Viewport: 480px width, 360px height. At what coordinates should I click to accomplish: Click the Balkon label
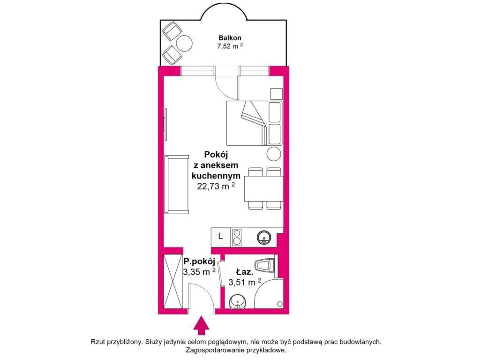[230, 38]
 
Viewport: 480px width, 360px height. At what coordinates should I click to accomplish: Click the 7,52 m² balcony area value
[230, 46]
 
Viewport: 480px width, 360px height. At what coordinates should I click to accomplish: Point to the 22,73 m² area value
[216, 186]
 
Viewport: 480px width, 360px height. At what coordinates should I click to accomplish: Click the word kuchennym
[216, 176]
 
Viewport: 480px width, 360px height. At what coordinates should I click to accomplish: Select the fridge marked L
[220, 236]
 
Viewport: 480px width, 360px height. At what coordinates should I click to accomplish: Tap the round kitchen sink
[263, 238]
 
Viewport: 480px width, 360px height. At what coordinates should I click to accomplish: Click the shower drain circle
[279, 304]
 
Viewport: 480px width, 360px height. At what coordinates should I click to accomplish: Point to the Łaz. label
[244, 272]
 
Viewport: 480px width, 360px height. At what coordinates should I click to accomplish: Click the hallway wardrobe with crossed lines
[173, 281]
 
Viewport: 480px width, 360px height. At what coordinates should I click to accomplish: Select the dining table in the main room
[263, 188]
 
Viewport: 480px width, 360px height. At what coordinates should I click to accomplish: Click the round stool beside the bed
[273, 154]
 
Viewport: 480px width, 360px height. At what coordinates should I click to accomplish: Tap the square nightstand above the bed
[277, 94]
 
